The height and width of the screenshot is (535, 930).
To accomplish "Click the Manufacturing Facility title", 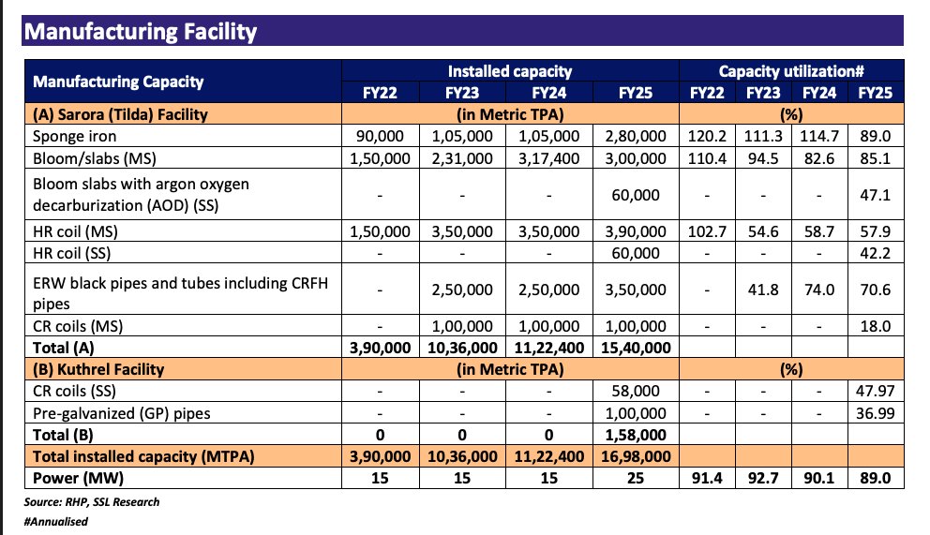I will [140, 32].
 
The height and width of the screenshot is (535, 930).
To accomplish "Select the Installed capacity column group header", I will [509, 71].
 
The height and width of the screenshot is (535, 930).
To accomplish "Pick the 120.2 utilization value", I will [706, 135].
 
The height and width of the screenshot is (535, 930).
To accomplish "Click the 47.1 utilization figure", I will [874, 194].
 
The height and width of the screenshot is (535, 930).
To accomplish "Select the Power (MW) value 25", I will [635, 478].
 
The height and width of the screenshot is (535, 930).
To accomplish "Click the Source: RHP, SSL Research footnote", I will [92, 502].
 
